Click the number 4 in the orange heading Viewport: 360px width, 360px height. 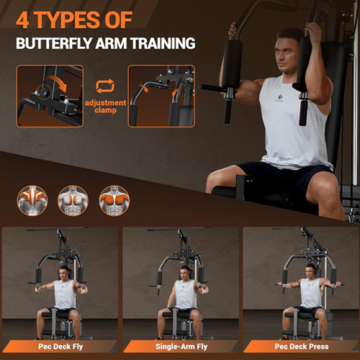pyautogui.click(x=23, y=19)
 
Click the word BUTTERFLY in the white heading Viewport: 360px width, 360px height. pyautogui.click(x=54, y=43)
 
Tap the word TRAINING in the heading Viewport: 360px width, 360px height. pyautogui.click(x=163, y=43)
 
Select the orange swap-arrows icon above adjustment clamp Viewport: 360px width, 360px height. pyautogui.click(x=105, y=86)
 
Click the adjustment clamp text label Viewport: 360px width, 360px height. pyautogui.click(x=105, y=107)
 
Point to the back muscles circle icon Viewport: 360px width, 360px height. pyautogui.click(x=32, y=200)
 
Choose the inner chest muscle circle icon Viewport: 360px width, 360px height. pyautogui.click(x=73, y=200)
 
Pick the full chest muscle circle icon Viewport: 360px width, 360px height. pyautogui.click(x=114, y=200)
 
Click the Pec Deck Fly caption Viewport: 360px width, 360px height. pyautogui.click(x=60, y=346)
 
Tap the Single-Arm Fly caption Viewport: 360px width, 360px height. pyautogui.click(x=181, y=346)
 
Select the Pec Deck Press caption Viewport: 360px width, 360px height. pyautogui.click(x=302, y=346)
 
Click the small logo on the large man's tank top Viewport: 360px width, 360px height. pyautogui.click(x=279, y=99)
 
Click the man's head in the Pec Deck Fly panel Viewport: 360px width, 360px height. pyautogui.click(x=63, y=272)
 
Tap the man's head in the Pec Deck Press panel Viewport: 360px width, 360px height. pyautogui.click(x=310, y=271)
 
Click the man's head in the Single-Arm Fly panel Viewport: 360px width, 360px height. pyautogui.click(x=185, y=272)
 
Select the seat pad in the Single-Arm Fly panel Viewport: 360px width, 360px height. pyautogui.click(x=176, y=314)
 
